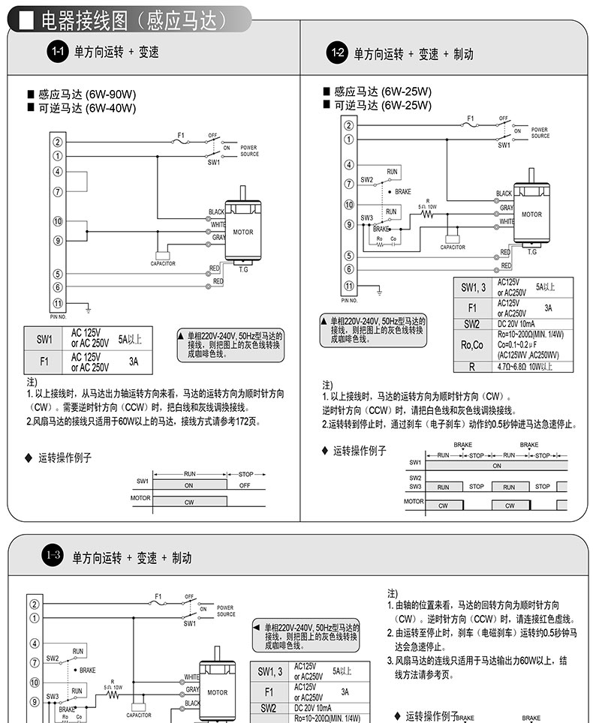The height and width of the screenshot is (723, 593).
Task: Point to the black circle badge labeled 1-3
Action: [53, 556]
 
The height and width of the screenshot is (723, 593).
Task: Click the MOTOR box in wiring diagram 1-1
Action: [242, 232]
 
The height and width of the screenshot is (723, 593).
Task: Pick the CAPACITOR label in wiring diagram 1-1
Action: [163, 263]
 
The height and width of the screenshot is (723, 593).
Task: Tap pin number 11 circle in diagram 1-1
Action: [58, 302]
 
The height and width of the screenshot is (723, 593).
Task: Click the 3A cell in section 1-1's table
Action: [134, 361]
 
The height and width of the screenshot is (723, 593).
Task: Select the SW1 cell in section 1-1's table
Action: [44, 339]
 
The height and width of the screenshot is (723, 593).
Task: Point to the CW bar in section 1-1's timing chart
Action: [188, 499]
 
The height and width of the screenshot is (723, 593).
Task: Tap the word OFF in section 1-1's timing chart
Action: [245, 484]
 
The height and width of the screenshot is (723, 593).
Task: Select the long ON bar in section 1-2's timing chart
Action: [496, 465]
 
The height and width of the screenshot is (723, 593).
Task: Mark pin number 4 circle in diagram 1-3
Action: [34, 643]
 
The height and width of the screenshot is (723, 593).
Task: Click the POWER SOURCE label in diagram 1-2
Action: [540, 133]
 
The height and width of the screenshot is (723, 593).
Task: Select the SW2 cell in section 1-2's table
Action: [472, 323]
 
